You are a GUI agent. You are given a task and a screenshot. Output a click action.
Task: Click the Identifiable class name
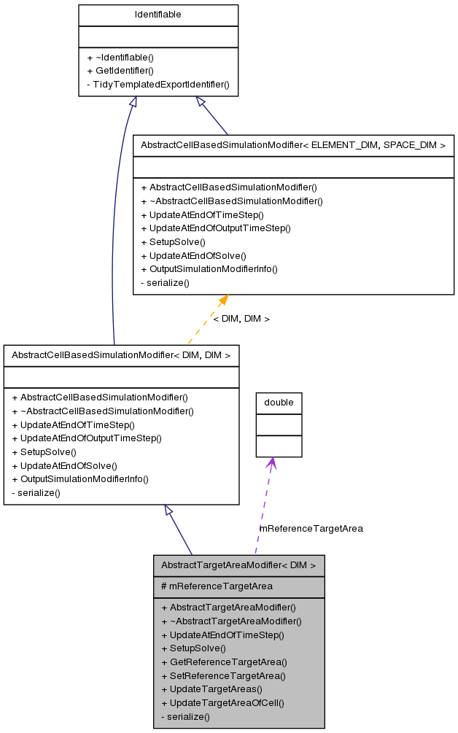[x=158, y=15]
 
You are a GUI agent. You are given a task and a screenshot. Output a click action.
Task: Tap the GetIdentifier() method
[x=120, y=71]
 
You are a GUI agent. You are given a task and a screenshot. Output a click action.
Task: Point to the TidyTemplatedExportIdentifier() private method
[x=158, y=85]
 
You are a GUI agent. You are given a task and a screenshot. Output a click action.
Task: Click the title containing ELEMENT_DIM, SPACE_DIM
[x=293, y=145]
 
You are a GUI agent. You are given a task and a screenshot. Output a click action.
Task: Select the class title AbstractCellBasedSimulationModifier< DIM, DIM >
[x=121, y=355]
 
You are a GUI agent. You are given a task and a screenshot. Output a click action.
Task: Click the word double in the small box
[x=279, y=403]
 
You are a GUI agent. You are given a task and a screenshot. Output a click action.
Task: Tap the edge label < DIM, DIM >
[x=241, y=319]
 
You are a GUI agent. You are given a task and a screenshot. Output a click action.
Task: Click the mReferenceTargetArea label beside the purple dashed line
[x=311, y=528]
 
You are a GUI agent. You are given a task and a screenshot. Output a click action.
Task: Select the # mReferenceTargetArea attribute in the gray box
[x=217, y=586]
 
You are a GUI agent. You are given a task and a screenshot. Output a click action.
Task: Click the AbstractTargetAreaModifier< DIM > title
[x=238, y=565]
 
